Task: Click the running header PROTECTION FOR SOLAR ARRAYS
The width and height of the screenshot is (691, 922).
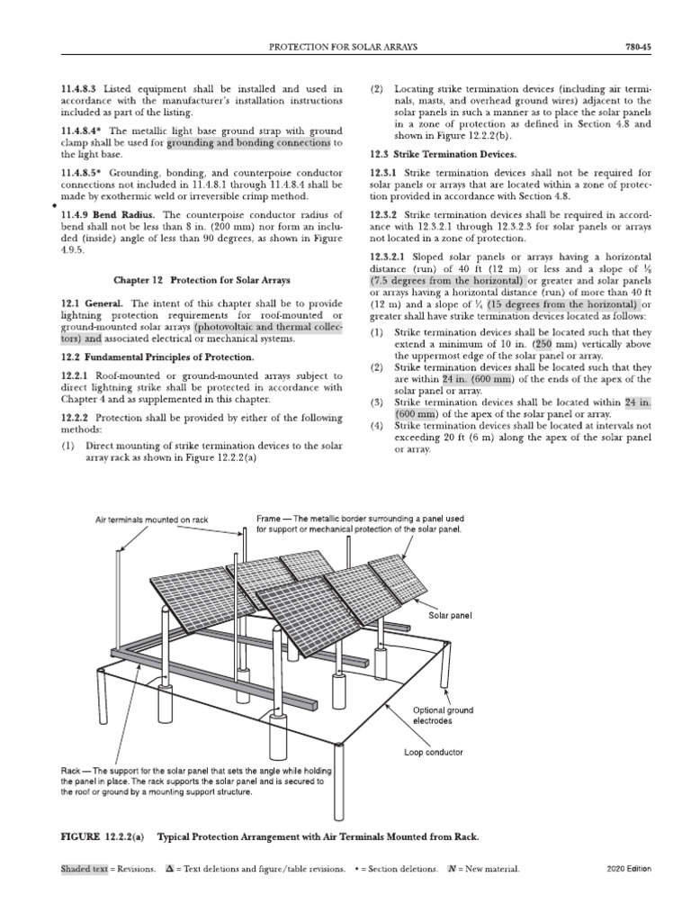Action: [x=345, y=46]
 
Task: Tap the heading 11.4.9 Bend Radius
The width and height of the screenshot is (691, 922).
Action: [x=100, y=215]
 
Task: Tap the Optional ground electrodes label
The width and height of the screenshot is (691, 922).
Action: [x=442, y=715]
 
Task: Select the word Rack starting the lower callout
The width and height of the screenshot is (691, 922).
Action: [x=72, y=772]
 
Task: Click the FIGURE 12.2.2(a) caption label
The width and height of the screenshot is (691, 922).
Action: [x=102, y=836]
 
